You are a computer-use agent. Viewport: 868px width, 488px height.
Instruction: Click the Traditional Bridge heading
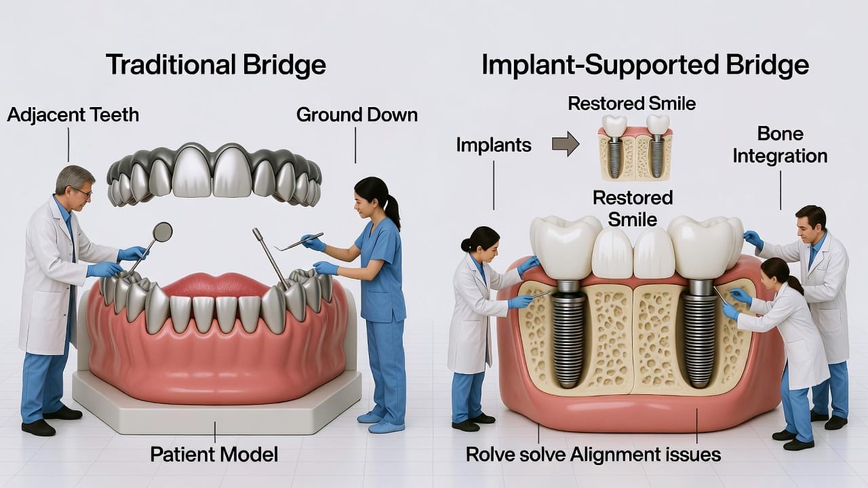click(x=216, y=65)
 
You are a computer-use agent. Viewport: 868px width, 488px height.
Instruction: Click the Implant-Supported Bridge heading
click(x=645, y=65)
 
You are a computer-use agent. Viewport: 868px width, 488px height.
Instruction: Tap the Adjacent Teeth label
click(x=73, y=115)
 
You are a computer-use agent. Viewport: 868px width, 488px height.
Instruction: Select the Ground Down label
click(x=357, y=115)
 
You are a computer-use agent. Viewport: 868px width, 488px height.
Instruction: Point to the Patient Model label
click(x=215, y=453)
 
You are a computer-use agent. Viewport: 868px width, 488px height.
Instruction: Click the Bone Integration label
click(x=781, y=144)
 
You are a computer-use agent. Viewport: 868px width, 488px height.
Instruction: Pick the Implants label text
click(x=493, y=144)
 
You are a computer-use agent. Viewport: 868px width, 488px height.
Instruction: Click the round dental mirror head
click(x=163, y=232)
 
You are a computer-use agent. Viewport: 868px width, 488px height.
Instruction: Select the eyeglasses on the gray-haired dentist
click(x=81, y=192)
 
